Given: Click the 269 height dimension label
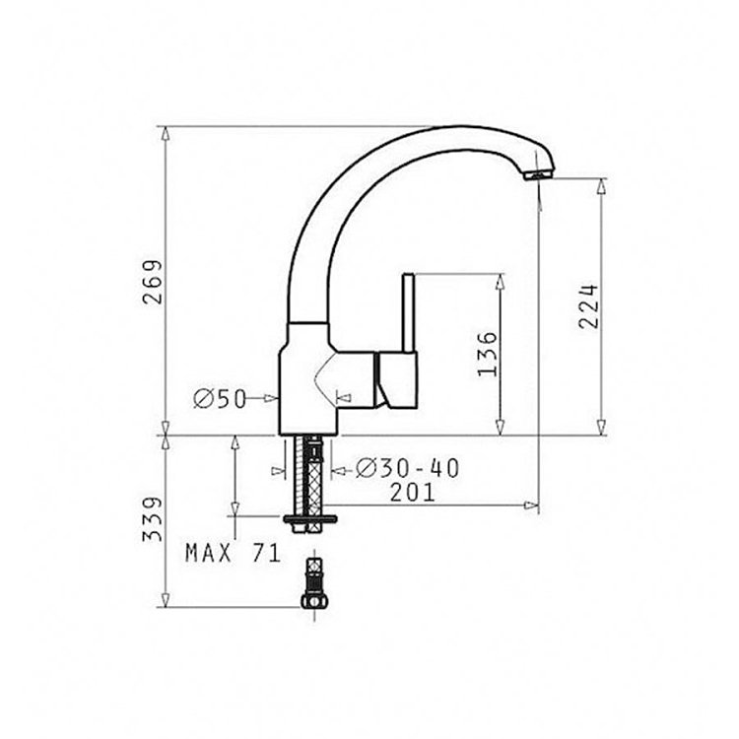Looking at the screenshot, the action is coord(153,282).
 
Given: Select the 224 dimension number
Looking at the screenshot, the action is coord(588,305).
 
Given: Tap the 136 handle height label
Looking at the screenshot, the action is coord(488,354).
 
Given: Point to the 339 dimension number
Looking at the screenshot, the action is coord(153,519).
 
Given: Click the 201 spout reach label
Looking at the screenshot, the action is coord(412,493).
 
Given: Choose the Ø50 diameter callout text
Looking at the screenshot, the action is coord(220,399).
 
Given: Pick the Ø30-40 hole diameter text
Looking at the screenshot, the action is coord(407,468).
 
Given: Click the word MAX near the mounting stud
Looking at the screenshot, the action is coord(209,553).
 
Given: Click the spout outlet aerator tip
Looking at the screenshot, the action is coord(538,175).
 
